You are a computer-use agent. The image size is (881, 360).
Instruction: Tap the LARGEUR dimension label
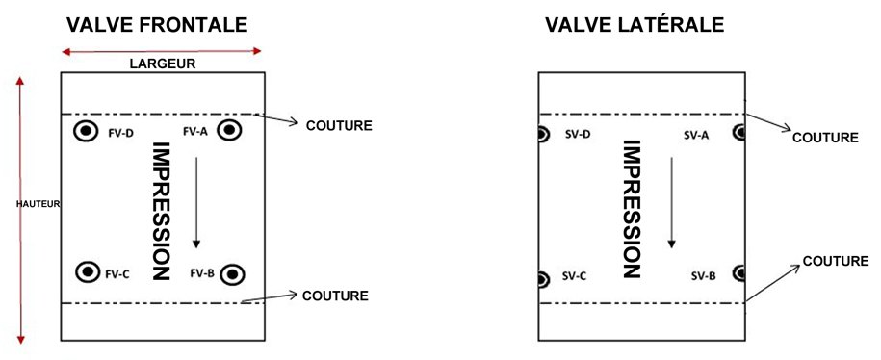click(x=161, y=64)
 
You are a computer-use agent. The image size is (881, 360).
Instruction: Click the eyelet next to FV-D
click(x=86, y=131)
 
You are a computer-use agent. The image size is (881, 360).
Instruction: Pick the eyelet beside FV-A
click(x=230, y=131)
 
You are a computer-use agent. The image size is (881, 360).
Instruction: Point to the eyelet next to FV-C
click(x=88, y=272)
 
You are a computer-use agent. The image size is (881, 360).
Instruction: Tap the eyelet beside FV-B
click(x=232, y=275)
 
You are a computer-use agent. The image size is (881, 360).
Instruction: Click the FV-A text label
click(x=194, y=131)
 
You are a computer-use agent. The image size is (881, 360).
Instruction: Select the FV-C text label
click(x=118, y=273)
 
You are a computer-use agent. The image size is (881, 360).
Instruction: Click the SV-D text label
click(x=577, y=135)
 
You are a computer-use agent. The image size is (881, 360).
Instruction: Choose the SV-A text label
click(x=696, y=135)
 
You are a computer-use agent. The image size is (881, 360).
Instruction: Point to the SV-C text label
click(x=575, y=276)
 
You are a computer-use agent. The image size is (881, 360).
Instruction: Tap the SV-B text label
click(x=703, y=276)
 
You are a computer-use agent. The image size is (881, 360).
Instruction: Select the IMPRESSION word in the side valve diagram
click(x=632, y=208)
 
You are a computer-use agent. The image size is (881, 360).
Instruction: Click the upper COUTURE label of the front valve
click(x=338, y=126)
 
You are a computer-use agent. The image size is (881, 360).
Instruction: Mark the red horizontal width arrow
click(x=161, y=50)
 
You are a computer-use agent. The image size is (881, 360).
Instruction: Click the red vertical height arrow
click(x=20, y=207)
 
